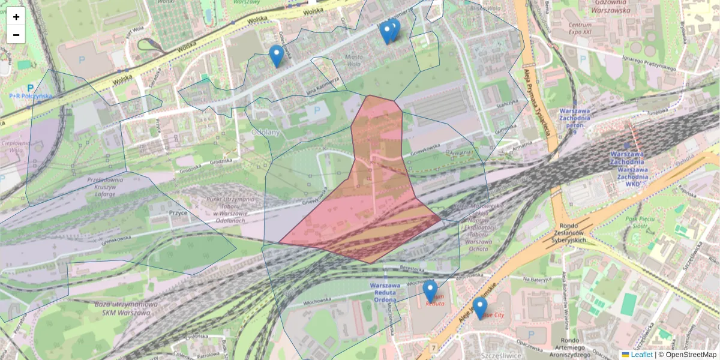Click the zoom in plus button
point(16,17)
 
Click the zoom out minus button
point(16,35)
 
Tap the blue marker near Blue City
point(479,307)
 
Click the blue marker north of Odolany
point(276,55)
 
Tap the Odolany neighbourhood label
point(265,131)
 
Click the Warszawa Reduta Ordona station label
point(385,292)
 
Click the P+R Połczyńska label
point(31,95)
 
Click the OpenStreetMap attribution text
point(691,355)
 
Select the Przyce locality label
point(179,212)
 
